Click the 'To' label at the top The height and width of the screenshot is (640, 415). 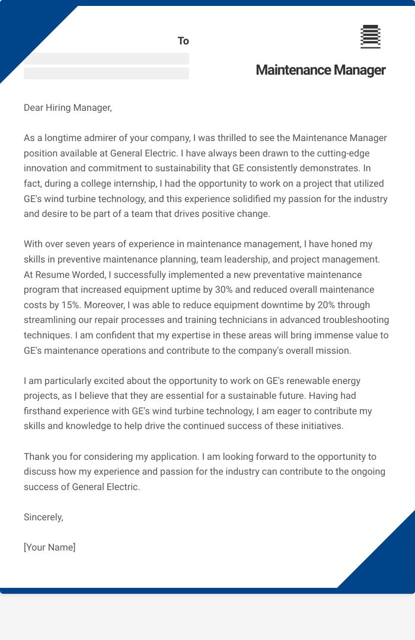(183, 41)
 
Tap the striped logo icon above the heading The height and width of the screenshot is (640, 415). (371, 37)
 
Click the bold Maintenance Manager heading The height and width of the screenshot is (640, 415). (320, 70)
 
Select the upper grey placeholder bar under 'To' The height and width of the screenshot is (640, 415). (106, 59)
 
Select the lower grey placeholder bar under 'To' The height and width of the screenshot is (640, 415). (106, 73)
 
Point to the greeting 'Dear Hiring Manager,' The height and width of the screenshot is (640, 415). (68, 107)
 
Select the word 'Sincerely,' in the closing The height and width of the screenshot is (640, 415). (43, 517)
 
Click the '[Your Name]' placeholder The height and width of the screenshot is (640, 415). (50, 548)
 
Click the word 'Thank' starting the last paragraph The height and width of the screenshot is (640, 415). (37, 457)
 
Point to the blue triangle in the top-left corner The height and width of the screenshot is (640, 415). (24, 30)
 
